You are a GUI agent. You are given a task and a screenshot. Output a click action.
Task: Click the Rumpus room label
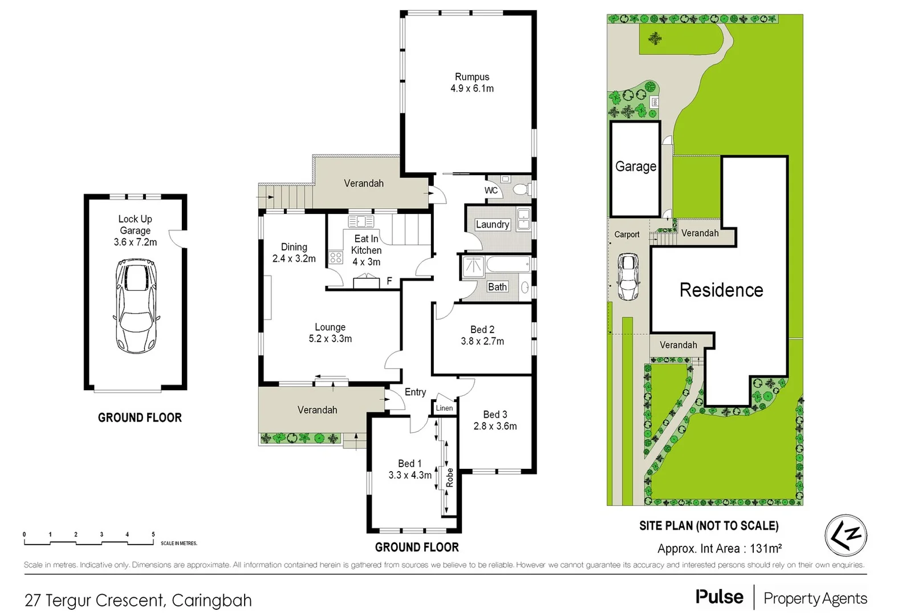[x=472, y=77]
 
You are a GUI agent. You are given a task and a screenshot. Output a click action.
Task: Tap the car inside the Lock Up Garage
[x=136, y=306]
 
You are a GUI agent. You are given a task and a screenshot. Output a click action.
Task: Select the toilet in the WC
[x=519, y=189]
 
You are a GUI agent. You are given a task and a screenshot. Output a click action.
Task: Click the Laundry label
[x=492, y=225]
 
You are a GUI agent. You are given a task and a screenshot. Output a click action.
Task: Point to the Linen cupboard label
[x=444, y=408]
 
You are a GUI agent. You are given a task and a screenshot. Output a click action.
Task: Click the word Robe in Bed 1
[x=450, y=477]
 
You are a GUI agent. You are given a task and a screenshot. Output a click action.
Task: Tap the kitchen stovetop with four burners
[x=335, y=257]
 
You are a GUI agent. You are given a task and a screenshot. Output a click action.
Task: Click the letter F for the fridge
[x=389, y=281]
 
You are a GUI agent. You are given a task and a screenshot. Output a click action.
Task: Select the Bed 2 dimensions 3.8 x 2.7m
[x=482, y=342]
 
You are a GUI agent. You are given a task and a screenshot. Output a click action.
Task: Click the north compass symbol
[x=846, y=535]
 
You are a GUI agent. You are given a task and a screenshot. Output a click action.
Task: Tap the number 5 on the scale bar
[x=153, y=534]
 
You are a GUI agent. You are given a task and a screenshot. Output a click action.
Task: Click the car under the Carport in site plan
[x=628, y=277]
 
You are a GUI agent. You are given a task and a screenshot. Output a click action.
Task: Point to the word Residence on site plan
[x=721, y=290]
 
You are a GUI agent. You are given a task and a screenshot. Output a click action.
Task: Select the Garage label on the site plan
[x=635, y=167]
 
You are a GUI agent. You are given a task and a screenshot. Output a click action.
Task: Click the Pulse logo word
[x=720, y=597]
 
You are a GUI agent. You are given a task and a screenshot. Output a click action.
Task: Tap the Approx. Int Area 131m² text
[x=719, y=549]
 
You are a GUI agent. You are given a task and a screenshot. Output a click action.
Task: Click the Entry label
[x=415, y=392]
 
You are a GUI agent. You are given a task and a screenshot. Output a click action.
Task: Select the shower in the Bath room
[x=473, y=266]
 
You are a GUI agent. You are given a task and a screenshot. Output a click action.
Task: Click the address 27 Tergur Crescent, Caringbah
[x=138, y=601]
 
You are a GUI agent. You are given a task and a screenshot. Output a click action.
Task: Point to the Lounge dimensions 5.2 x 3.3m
[x=330, y=339]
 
